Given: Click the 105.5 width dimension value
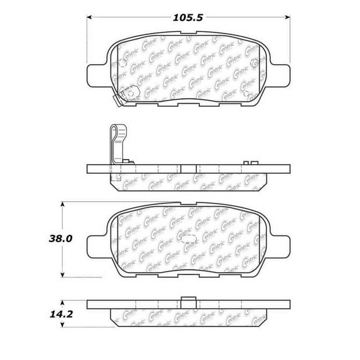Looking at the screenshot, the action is tap(188, 18).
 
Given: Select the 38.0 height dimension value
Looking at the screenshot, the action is tap(61, 239).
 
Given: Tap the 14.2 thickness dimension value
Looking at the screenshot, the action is tap(61, 314).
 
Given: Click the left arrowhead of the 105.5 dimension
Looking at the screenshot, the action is tap(90, 17).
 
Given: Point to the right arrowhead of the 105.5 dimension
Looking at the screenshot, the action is tap(287, 17).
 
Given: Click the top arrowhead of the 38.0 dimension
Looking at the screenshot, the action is tap(62, 204).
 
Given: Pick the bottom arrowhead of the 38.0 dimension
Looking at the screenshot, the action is tap(62, 275).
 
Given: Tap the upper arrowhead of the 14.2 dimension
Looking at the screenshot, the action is tap(62, 303).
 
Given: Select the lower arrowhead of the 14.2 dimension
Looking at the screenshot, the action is tap(62, 325).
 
